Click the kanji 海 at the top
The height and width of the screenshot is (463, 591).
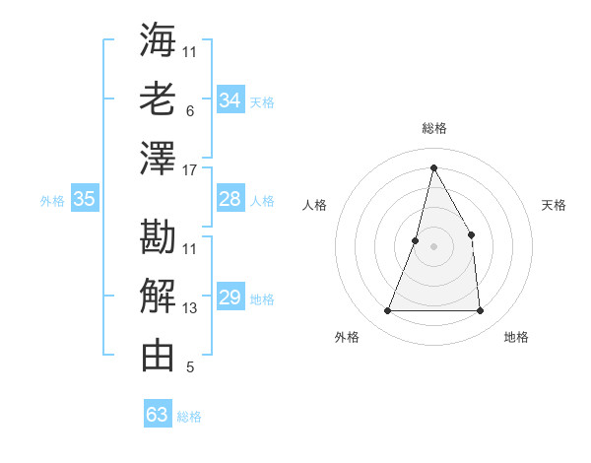pyautogui.click(x=158, y=39)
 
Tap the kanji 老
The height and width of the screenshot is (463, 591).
pyautogui.click(x=158, y=99)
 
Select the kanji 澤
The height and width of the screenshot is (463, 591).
pyautogui.click(x=158, y=158)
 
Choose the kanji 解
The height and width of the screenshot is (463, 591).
pyautogui.click(x=158, y=296)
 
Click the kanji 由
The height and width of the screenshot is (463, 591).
pyautogui.click(x=158, y=355)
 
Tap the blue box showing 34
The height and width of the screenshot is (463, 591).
pyautogui.click(x=230, y=100)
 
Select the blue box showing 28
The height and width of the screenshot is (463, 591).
pyautogui.click(x=230, y=199)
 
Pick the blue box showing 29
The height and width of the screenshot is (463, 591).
pyautogui.click(x=230, y=298)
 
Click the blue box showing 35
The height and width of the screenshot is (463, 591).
pyautogui.click(x=84, y=199)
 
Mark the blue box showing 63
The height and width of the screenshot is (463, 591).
pyautogui.click(x=158, y=415)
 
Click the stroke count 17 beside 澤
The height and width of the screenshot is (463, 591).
pyautogui.click(x=190, y=169)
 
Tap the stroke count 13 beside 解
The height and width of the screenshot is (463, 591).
pyautogui.click(x=190, y=308)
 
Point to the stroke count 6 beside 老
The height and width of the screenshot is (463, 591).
pyautogui.click(x=190, y=111)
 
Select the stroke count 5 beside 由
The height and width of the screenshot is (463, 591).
pyautogui.click(x=190, y=367)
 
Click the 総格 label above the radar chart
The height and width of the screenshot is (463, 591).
pyautogui.click(x=434, y=128)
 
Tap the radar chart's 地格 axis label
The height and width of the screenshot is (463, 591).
pyautogui.click(x=516, y=337)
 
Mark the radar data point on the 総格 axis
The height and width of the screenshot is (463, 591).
pyautogui.click(x=433, y=167)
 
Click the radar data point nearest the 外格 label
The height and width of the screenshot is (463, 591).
pyautogui.click(x=387, y=311)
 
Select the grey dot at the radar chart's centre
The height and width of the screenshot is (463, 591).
pyautogui.click(x=433, y=246)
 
